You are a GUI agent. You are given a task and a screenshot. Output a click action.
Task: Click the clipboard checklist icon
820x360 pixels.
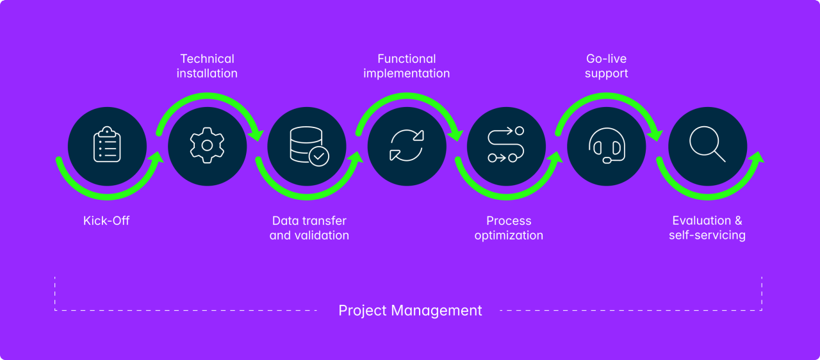[107, 146]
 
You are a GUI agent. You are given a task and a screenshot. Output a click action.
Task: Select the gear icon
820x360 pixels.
[207, 146]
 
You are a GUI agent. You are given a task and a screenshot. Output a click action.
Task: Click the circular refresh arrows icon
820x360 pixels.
[407, 146]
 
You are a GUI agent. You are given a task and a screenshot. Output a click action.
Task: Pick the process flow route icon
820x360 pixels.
[506, 146]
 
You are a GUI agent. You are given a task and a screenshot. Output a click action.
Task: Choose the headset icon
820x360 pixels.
[607, 147]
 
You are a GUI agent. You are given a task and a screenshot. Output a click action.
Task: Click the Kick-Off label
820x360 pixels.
[106, 221]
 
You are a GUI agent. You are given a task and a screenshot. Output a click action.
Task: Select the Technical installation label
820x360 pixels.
[207, 66]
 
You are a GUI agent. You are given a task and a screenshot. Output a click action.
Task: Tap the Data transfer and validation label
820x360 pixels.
[309, 228]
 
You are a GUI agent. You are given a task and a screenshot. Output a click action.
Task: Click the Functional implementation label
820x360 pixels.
[407, 66]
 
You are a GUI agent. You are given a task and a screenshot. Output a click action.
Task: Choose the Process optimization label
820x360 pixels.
[509, 228]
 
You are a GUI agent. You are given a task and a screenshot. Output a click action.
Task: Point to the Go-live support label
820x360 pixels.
[607, 66]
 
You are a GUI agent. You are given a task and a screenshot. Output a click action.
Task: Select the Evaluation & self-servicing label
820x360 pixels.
[707, 228]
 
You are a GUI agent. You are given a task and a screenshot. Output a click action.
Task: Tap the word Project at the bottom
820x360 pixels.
[362, 311]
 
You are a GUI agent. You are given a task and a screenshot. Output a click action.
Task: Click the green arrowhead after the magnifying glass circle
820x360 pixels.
[756, 157]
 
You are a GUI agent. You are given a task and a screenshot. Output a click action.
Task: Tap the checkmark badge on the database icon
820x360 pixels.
[318, 156]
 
